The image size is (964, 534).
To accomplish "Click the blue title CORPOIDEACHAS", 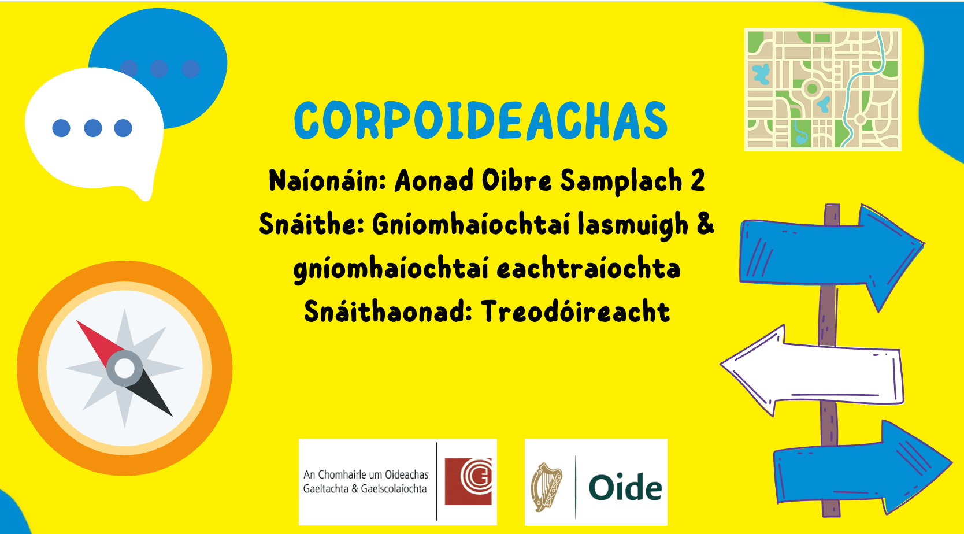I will pos(481,121).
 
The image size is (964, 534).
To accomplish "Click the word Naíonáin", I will pos(327,180).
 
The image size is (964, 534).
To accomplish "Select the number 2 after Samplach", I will pos(698,180).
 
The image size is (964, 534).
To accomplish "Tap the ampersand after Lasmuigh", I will pos(705,224).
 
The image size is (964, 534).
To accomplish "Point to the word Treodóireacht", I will pos(575,312).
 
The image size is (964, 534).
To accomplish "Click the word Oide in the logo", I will pos(625,488).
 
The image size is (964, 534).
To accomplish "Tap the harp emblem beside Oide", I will pos(546,487).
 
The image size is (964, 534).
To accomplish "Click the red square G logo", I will pos(468,481).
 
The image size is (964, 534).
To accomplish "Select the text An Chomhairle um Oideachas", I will pos(366,474).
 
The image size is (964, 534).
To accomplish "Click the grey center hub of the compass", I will pos(124,368).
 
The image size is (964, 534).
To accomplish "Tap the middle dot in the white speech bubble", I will pos(92,128).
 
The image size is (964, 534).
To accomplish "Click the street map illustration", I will pos(822,90).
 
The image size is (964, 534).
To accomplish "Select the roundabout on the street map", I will pos(812,88).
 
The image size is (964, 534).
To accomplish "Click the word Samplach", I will pos(621,180).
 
